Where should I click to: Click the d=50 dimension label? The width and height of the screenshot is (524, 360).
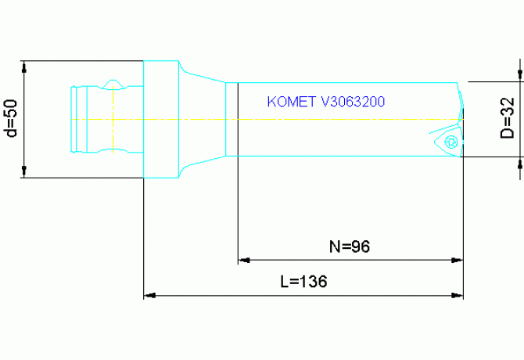tap(10, 118)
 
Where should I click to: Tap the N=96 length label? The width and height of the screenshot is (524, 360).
tap(348, 247)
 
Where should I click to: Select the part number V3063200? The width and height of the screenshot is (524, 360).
tap(353, 103)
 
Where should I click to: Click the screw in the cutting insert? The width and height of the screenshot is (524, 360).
tap(450, 142)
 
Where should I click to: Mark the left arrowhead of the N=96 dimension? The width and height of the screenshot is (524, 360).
tap(243, 259)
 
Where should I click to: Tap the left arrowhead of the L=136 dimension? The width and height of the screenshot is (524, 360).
tap(149, 296)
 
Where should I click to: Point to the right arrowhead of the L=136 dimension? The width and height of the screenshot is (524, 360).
tap(458, 296)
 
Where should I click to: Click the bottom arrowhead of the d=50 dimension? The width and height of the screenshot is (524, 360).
tap(25, 171)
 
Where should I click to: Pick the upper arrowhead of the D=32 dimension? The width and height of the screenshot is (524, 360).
tap(519, 74)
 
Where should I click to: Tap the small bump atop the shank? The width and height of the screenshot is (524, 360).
tap(114, 82)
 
